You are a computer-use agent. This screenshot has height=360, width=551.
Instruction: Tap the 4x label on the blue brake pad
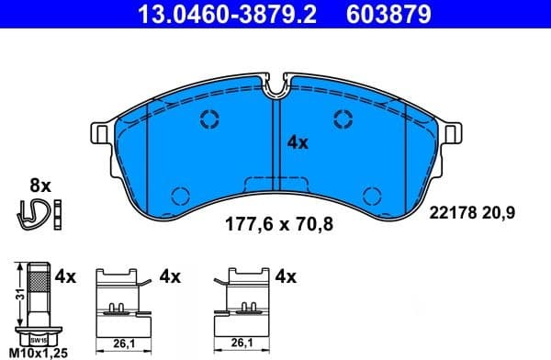(298, 142)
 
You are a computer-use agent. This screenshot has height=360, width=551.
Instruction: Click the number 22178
(452, 212)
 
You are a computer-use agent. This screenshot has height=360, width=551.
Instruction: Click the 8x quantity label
(39, 185)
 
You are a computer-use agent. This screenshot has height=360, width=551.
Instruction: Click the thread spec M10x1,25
(37, 353)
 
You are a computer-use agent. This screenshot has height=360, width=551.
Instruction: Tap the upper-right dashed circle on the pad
(343, 118)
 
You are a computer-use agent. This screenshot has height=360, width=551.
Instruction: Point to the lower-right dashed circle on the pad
(373, 195)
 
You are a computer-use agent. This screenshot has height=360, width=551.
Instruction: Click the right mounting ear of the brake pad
(451, 133)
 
